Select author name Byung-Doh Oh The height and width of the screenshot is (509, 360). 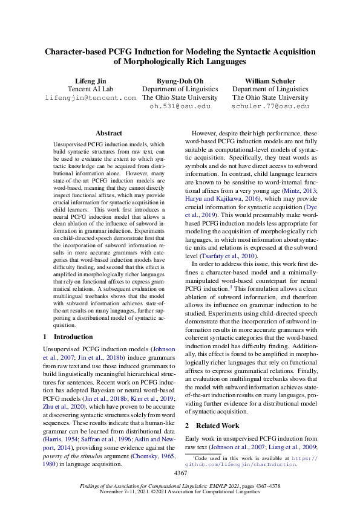[179, 80]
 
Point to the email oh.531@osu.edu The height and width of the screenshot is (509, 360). [179, 106]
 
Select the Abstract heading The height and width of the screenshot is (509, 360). [109, 133]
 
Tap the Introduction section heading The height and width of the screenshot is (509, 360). [73, 337]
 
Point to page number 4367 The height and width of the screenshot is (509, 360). [180, 472]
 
